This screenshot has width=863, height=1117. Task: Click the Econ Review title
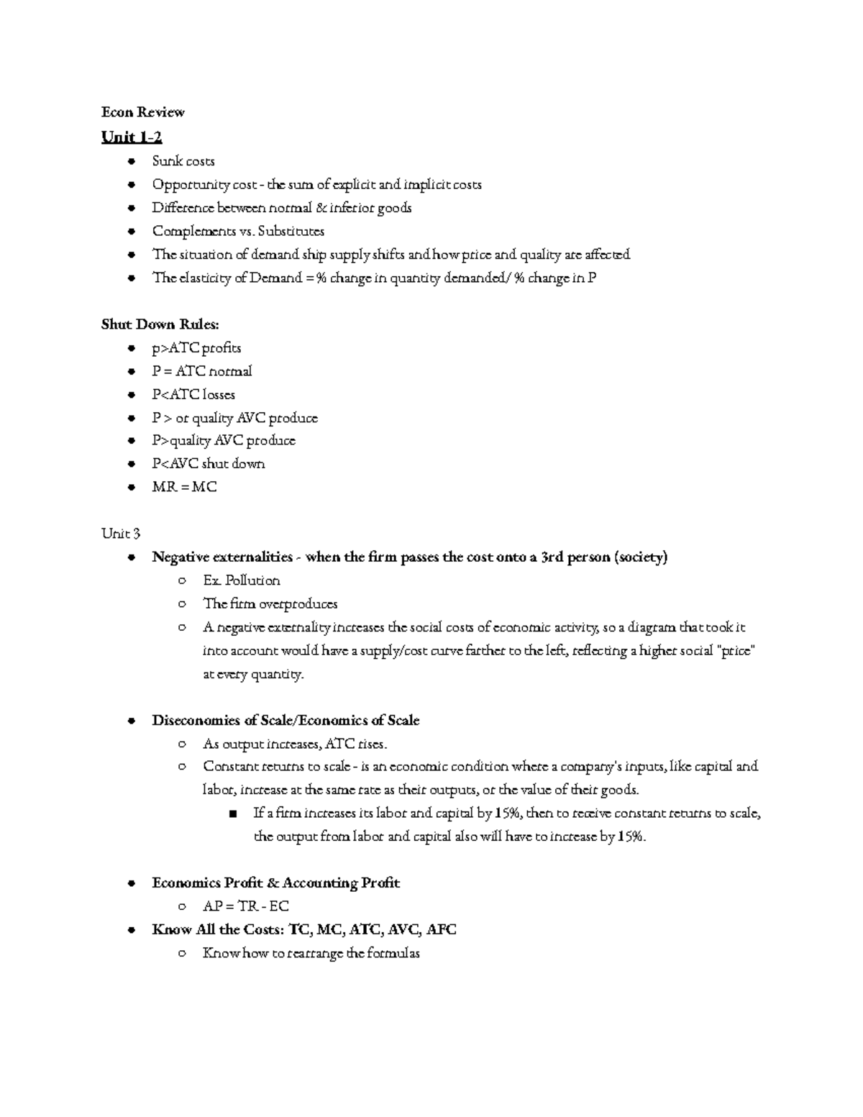point(142,111)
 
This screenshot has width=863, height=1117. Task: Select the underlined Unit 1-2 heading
point(132,137)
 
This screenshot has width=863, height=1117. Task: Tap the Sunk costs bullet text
point(183,161)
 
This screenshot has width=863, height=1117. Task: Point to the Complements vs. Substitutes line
point(238,231)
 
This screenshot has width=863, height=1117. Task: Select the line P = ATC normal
point(201,371)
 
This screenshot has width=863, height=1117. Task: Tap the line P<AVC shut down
point(208,464)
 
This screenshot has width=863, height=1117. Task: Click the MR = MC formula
point(184,487)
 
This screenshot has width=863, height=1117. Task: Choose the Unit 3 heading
point(121,534)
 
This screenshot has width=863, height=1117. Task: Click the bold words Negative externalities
point(222,557)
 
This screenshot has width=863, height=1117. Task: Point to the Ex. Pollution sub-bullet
point(242,580)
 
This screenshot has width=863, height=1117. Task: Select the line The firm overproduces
point(270,604)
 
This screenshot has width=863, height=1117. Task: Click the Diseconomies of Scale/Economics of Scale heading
point(286,721)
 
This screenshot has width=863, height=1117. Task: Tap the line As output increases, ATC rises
point(295,744)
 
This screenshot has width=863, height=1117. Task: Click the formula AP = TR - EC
point(246,906)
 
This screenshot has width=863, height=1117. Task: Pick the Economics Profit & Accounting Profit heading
point(275,883)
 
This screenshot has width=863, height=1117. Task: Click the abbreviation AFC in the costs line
point(441,929)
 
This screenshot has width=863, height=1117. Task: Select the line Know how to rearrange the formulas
point(311,954)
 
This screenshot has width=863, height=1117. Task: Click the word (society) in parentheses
point(641,557)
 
